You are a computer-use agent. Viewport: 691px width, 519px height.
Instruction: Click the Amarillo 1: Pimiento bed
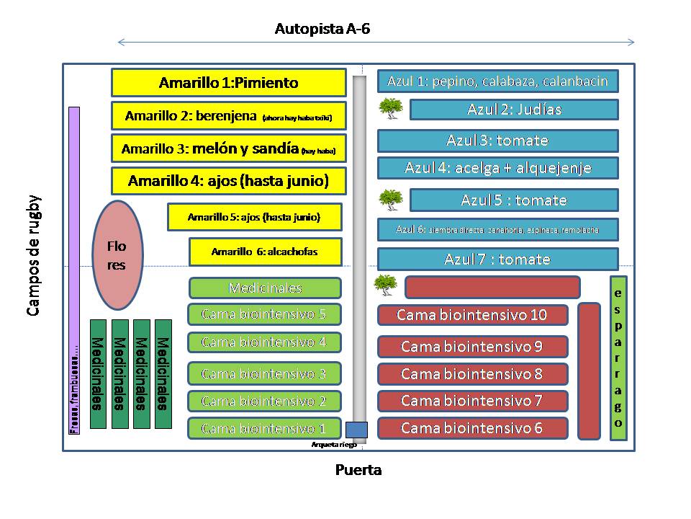click(x=228, y=83)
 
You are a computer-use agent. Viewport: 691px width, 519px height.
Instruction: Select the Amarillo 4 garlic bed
click(x=228, y=181)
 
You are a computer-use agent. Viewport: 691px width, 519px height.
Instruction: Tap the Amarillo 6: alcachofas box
click(x=265, y=252)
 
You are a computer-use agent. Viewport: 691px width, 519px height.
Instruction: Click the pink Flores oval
click(x=116, y=255)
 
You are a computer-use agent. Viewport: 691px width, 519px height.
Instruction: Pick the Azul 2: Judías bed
click(x=514, y=110)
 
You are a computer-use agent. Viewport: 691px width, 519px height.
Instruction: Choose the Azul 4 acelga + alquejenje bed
click(x=498, y=168)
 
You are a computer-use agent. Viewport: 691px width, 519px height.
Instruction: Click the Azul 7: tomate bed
click(x=498, y=259)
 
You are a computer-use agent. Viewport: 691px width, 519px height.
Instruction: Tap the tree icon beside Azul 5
click(x=391, y=199)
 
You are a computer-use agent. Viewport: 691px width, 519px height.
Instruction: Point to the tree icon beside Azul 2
click(x=391, y=109)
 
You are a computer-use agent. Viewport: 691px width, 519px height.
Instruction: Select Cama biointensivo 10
click(x=472, y=315)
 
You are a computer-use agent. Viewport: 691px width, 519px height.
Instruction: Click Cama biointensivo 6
click(x=472, y=428)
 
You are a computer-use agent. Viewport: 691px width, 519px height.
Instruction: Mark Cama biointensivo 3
click(x=264, y=373)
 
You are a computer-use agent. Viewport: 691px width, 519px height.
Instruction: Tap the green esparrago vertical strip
click(x=618, y=358)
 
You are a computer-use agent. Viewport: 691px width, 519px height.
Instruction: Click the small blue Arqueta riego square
click(x=357, y=429)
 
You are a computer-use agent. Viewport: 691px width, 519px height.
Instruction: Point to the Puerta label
click(x=358, y=471)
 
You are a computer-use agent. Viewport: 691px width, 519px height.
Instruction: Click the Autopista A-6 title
click(x=322, y=30)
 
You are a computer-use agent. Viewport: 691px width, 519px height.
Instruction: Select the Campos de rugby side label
click(x=33, y=255)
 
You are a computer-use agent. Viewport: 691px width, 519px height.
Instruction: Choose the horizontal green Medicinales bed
click(x=265, y=288)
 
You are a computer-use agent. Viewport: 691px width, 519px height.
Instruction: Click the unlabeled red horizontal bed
click(x=492, y=287)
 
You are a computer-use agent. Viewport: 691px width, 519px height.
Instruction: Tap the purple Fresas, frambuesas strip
click(x=73, y=271)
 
